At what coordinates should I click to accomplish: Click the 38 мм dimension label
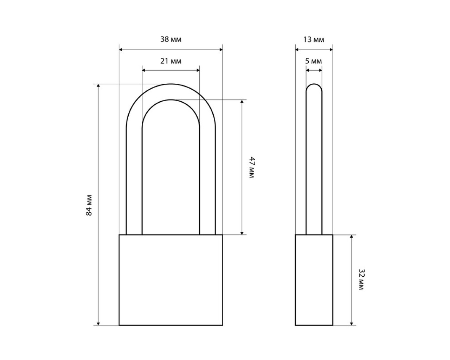[x=171, y=39]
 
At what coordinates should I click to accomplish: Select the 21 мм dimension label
[x=171, y=61]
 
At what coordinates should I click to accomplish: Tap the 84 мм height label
[x=89, y=205]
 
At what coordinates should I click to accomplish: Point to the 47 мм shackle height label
[x=252, y=167]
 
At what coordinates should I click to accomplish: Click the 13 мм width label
[x=314, y=39]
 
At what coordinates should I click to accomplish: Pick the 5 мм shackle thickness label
[x=314, y=61]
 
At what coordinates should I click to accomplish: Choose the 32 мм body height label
[x=361, y=279]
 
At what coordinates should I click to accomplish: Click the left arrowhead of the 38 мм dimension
[x=121, y=50]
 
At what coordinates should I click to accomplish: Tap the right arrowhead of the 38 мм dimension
[x=221, y=50]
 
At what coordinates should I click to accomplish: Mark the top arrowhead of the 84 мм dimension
[x=98, y=85]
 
